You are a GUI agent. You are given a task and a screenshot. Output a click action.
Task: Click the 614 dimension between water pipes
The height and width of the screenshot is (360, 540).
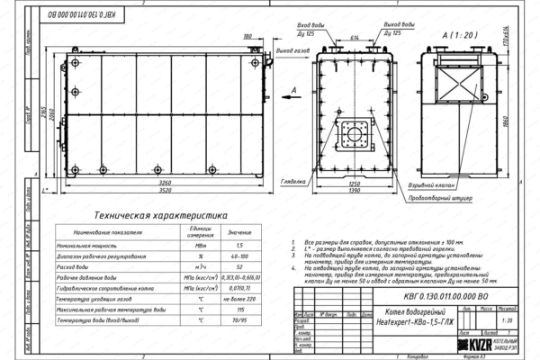(356, 40)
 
